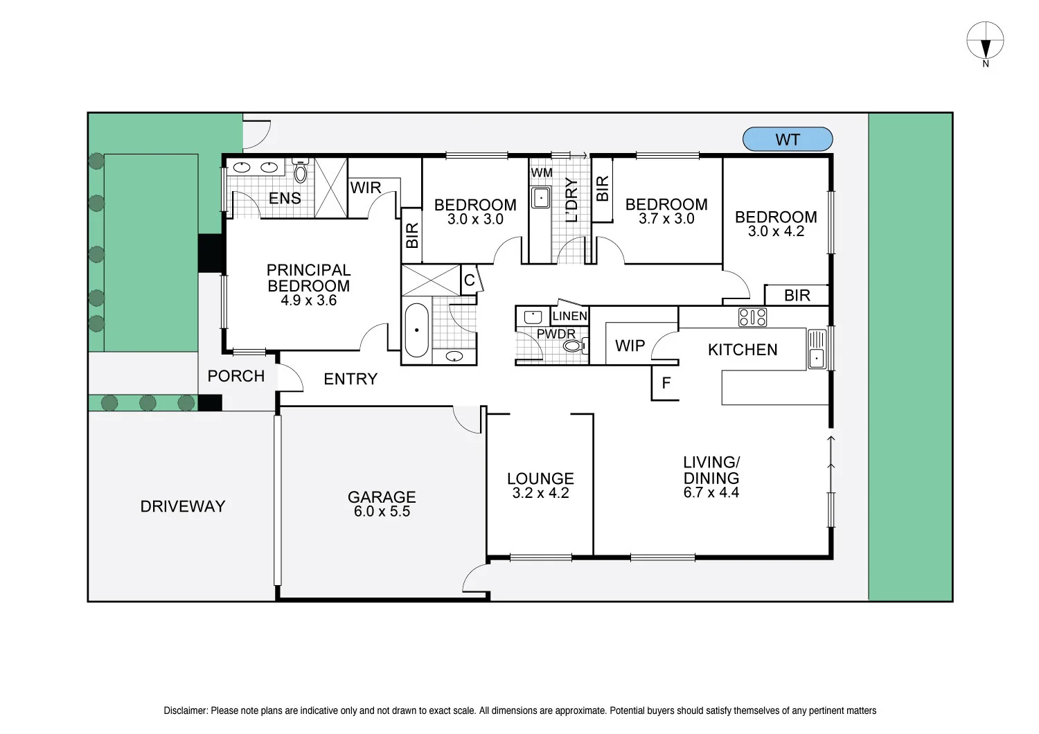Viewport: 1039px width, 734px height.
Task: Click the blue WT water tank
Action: [787, 139]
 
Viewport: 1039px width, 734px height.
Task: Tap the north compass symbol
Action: [985, 39]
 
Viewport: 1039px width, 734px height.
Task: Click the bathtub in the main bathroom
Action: [416, 330]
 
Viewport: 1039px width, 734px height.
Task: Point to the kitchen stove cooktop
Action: [752, 317]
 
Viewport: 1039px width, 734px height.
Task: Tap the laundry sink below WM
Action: [540, 198]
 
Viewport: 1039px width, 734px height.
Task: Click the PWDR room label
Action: [556, 334]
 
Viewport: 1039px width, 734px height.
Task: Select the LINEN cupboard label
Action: [569, 316]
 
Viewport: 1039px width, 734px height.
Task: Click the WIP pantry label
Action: [630, 346]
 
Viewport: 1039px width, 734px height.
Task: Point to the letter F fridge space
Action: [666, 383]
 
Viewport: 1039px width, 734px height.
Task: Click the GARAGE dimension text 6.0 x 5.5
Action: [382, 512]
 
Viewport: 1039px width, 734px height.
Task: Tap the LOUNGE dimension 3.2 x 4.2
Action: [540, 493]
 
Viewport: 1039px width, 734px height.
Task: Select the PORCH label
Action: [236, 376]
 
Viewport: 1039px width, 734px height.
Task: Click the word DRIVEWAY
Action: [183, 506]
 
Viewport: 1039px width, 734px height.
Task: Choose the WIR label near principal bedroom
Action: [365, 188]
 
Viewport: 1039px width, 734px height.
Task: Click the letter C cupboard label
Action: [469, 280]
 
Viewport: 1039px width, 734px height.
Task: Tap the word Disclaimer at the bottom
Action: [185, 710]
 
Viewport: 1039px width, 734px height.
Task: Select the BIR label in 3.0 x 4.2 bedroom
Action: [797, 296]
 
